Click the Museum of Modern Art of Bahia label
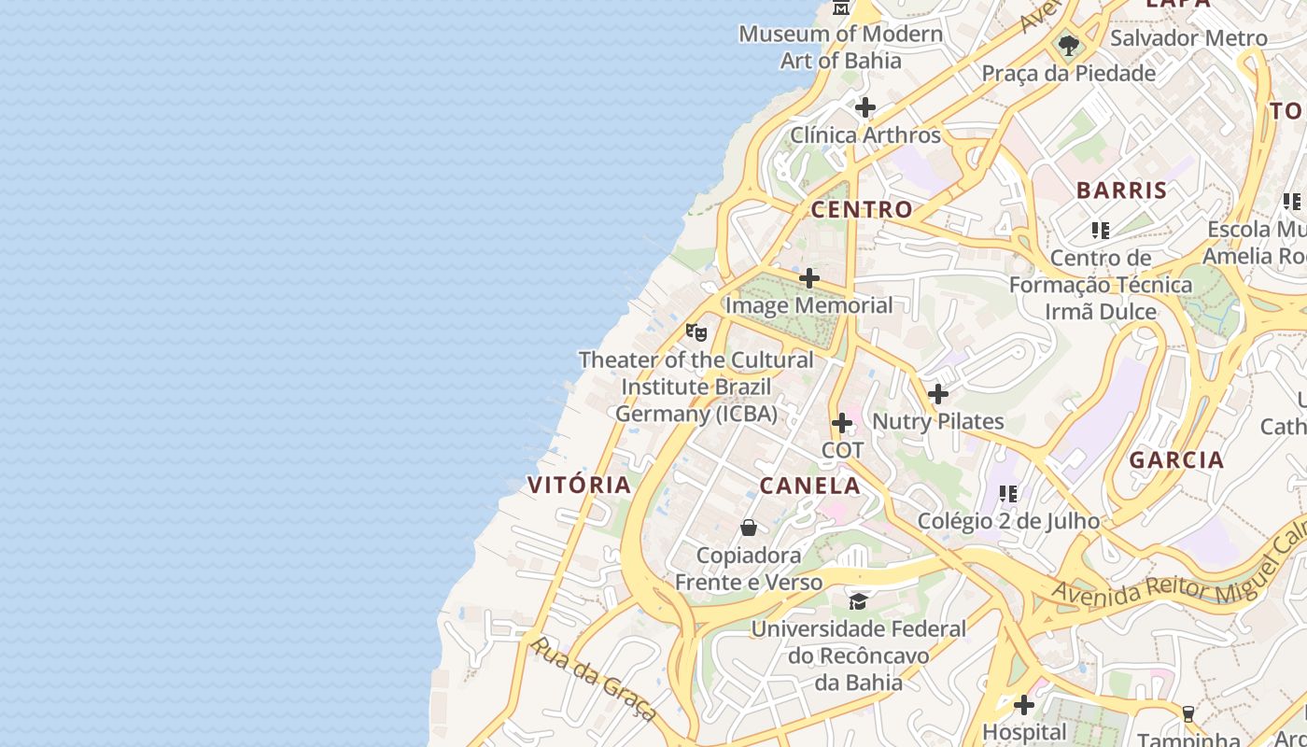tap(840, 47)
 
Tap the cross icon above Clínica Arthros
tap(865, 107)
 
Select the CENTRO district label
tap(861, 209)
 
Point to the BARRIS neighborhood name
tap(1121, 190)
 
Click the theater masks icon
tap(696, 331)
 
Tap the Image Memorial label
tap(808, 305)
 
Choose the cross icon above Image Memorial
tap(809, 278)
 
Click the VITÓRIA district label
tap(580, 485)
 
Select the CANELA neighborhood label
tap(809, 486)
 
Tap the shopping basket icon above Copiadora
tap(748, 528)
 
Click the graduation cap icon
tap(858, 600)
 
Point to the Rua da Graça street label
tap(591, 678)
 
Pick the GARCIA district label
tap(1176, 459)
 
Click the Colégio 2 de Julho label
tap(1008, 521)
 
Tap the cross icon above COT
tap(842, 423)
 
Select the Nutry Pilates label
tap(937, 422)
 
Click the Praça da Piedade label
tap(1068, 73)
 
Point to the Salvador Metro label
tap(1188, 38)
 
